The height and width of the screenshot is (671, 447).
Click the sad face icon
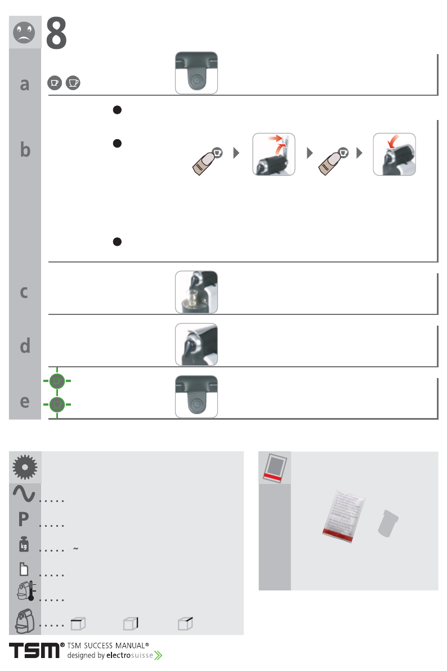[24, 32]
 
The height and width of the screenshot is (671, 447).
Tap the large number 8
[56, 33]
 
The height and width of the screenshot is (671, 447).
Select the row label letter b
[25, 149]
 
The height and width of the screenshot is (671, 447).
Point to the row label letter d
[25, 345]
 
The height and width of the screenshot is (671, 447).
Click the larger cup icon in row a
[73, 83]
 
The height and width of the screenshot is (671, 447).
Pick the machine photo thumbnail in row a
[196, 73]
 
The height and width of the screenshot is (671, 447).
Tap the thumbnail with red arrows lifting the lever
[274, 154]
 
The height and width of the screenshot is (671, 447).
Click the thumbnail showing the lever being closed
[395, 154]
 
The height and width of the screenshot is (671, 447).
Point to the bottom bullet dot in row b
[117, 242]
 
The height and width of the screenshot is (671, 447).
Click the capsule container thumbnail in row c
[196, 292]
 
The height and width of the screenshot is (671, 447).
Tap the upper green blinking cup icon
[57, 381]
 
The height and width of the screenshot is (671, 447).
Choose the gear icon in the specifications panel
[25, 466]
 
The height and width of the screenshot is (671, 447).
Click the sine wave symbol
[24, 494]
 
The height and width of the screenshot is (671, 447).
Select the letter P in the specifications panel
[24, 519]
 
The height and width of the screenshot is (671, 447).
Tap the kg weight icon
[24, 544]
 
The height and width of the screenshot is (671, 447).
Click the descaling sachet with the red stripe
[343, 516]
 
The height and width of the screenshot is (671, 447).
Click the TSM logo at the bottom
[35, 651]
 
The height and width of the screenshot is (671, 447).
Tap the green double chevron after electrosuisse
[158, 656]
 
